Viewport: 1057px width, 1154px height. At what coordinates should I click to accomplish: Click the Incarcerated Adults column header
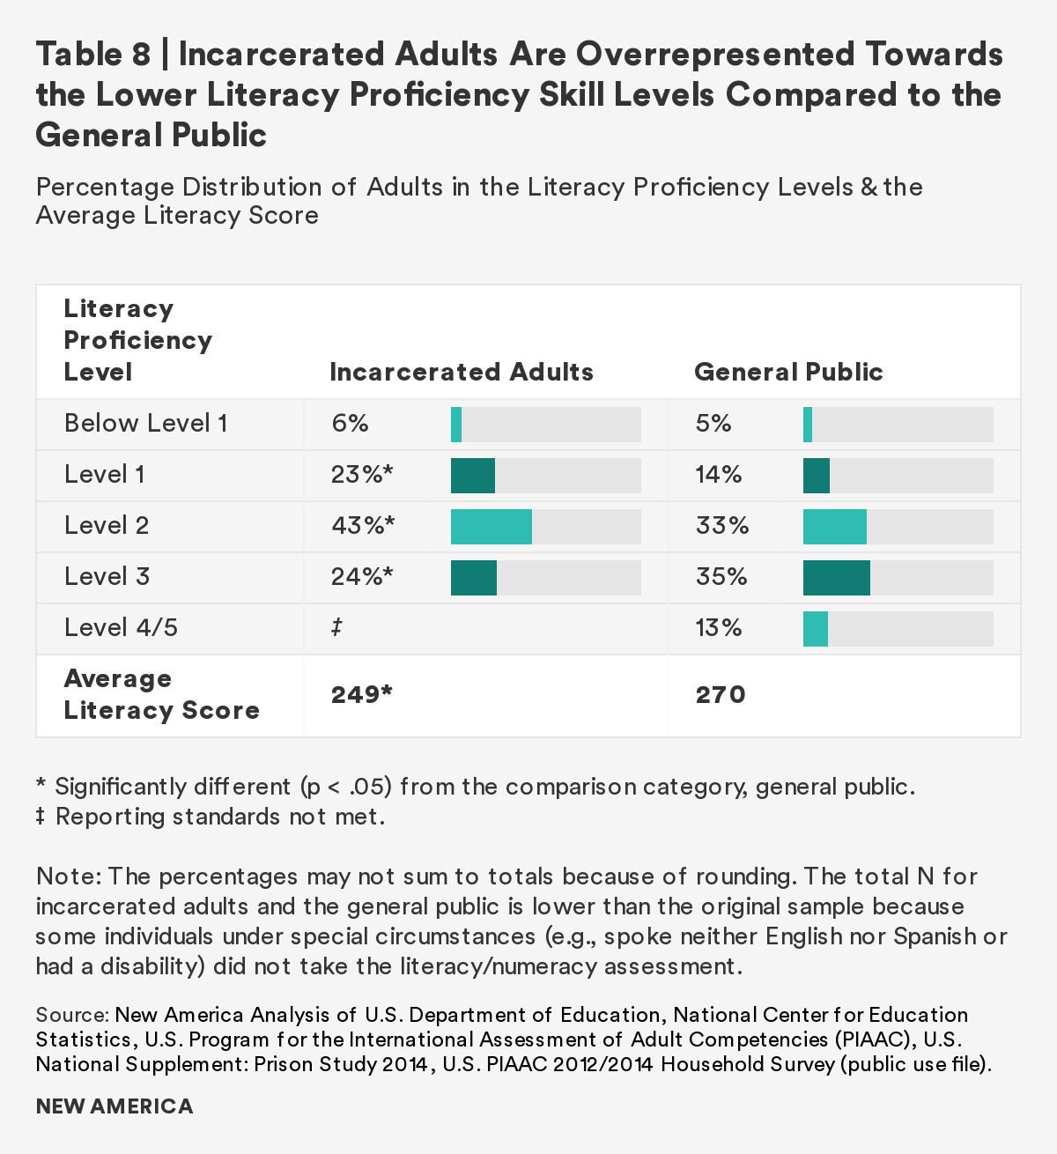point(461,372)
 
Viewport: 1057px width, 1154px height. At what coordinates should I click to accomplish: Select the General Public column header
point(788,372)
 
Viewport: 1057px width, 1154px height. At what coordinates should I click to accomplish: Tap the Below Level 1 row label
point(145,424)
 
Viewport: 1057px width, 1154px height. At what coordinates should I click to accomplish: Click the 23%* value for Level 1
point(361,475)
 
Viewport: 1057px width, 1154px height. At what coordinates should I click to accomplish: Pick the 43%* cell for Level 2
point(362,526)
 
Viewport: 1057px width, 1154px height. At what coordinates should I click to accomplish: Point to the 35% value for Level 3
point(721,577)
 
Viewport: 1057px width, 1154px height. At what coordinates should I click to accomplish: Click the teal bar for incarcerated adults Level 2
point(491,527)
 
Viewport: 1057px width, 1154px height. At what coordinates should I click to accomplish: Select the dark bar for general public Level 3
point(836,578)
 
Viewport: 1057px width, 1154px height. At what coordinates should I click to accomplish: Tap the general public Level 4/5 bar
point(815,629)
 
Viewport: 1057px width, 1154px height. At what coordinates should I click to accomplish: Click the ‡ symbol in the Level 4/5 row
point(336,628)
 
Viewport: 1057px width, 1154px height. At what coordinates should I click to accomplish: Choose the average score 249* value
point(360,695)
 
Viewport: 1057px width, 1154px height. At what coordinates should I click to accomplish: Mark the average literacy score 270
point(720,695)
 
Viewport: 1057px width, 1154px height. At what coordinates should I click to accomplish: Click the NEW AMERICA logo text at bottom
point(114,1106)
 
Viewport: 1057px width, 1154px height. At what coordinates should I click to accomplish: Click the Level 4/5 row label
point(120,628)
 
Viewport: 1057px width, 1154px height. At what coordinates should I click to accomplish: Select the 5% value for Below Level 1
point(713,424)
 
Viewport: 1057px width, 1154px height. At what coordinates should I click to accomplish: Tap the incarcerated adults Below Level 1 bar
point(456,425)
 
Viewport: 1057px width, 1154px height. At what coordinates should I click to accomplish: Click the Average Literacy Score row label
point(161,694)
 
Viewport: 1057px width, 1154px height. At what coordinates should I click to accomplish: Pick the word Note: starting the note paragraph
point(70,877)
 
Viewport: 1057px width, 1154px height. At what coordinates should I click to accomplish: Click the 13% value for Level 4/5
point(718,628)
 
